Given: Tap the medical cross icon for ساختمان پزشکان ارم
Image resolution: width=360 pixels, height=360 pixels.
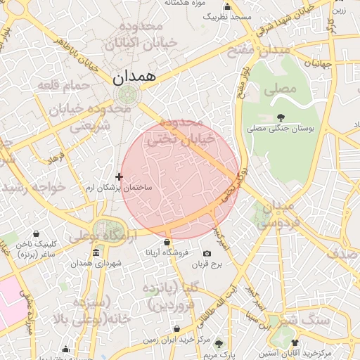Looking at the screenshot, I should (x=119, y=176).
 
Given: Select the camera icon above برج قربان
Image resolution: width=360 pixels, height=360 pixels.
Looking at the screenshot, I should (x=207, y=254).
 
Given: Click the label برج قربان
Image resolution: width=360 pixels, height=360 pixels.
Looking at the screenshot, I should (x=207, y=265).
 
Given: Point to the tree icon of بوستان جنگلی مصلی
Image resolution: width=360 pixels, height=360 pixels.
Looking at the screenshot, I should (x=281, y=117).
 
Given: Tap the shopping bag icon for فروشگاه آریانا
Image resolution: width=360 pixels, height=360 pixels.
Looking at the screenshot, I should (x=167, y=243).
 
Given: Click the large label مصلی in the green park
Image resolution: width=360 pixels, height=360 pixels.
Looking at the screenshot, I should (x=280, y=90).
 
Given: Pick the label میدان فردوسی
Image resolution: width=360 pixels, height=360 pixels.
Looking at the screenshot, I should (x=276, y=214).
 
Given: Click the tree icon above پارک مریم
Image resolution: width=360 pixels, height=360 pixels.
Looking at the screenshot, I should (x=219, y=344).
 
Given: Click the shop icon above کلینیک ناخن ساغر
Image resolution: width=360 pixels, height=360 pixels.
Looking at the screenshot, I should (x=36, y=234).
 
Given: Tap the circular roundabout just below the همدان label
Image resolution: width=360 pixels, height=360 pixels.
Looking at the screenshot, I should (x=127, y=95).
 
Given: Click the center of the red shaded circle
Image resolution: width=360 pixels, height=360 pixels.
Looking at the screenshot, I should (x=180, y=180).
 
